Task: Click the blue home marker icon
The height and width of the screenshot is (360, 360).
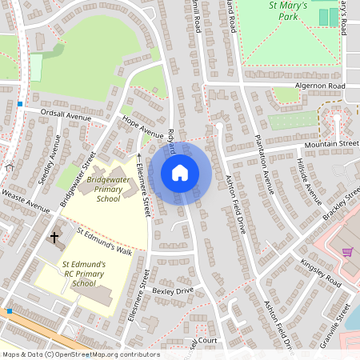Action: (180, 173)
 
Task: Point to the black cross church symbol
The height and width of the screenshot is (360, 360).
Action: (55, 237)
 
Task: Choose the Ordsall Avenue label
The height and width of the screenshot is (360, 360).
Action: (67, 117)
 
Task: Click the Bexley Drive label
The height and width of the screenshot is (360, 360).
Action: (174, 290)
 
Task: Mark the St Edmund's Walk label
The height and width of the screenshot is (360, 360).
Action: (104, 242)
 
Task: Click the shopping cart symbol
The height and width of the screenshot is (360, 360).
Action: (346, 251)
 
